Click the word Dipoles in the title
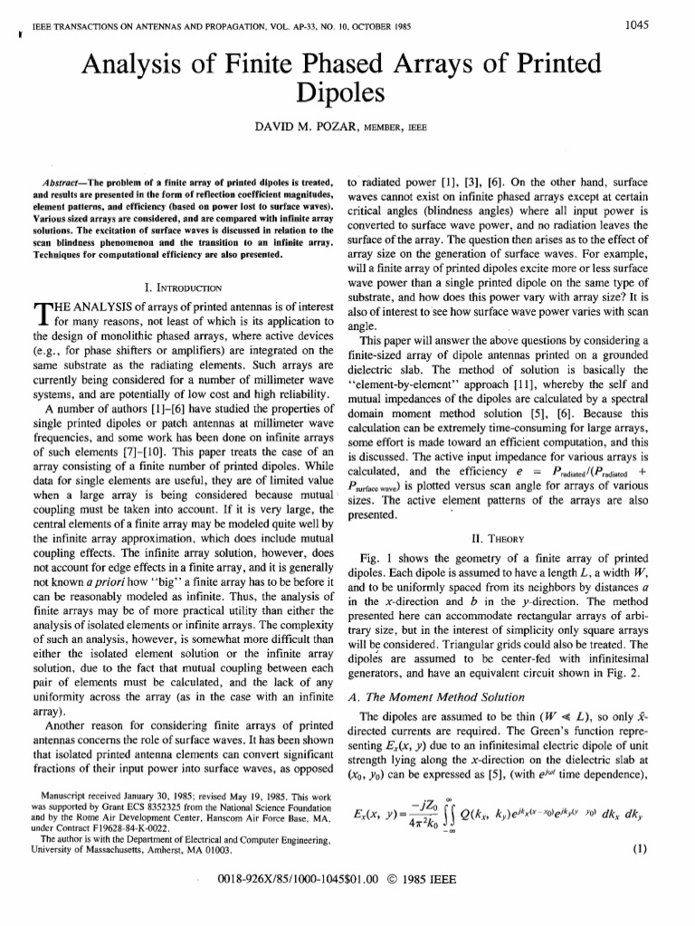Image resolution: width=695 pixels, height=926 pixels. (347, 93)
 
